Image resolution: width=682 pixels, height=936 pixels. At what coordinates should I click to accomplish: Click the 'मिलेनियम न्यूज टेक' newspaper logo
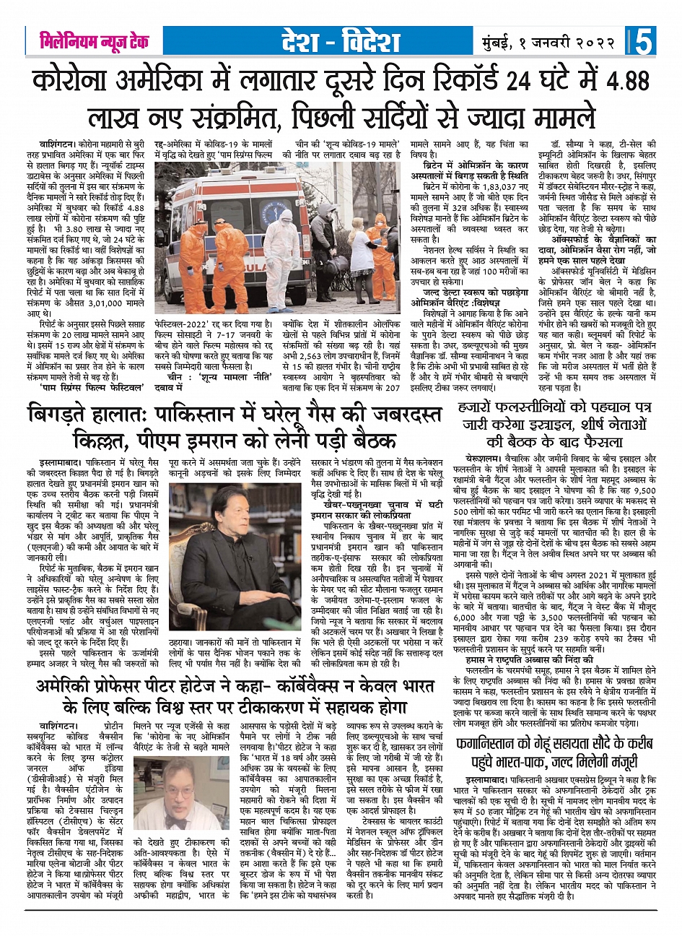point(94,42)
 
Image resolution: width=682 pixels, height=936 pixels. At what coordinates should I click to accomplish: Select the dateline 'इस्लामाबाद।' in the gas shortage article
point(59,459)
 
